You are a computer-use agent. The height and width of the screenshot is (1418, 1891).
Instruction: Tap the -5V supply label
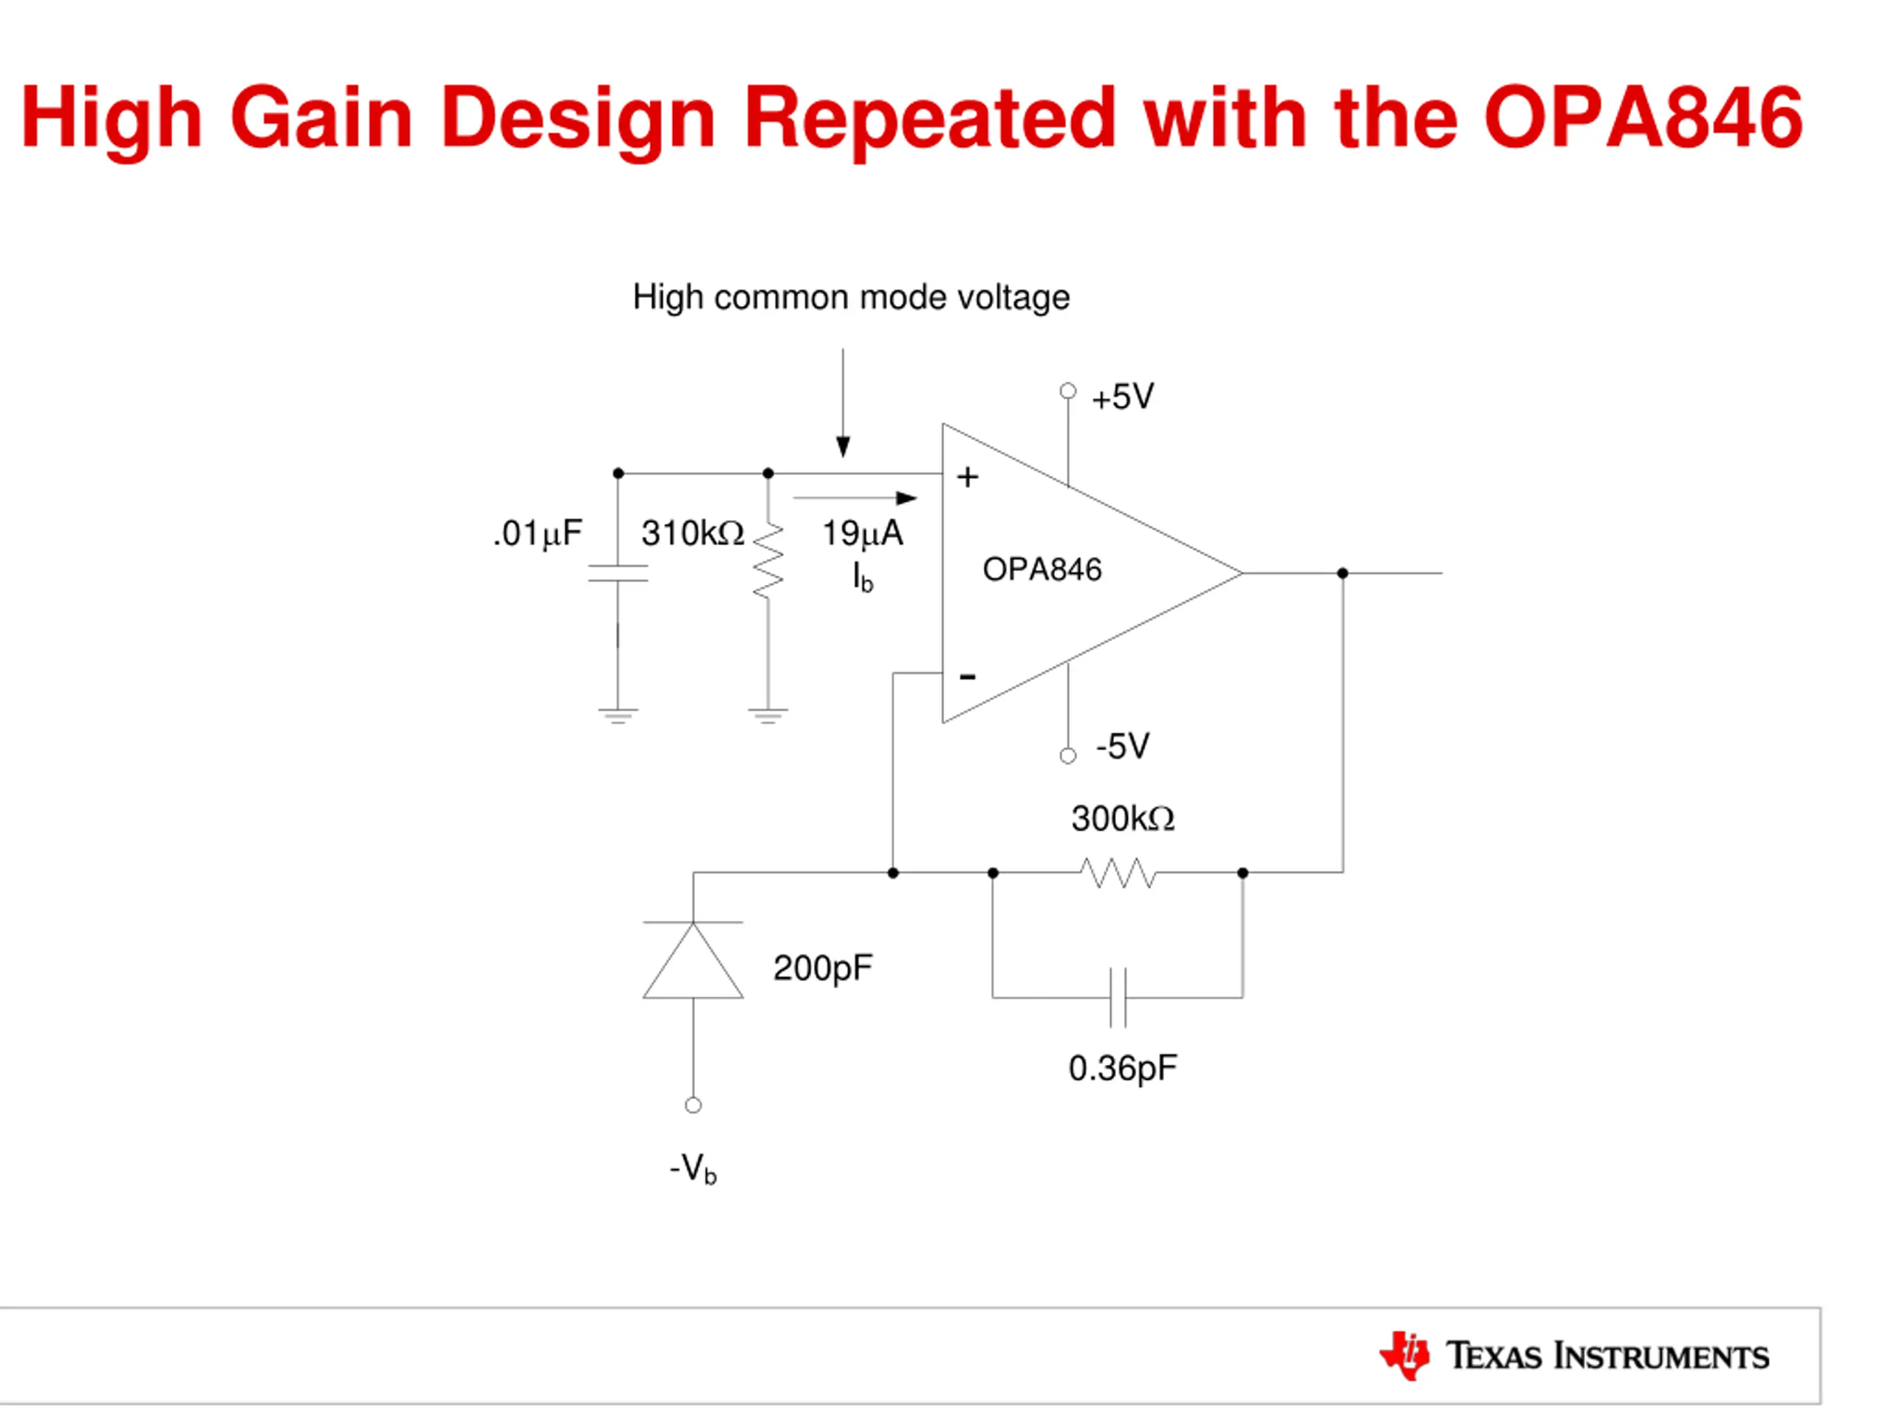point(1123,746)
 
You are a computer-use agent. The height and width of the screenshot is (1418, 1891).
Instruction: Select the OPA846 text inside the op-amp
point(1042,570)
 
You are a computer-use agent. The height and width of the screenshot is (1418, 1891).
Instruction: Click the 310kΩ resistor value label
point(692,533)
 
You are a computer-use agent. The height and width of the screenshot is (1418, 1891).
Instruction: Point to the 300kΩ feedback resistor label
point(1123,819)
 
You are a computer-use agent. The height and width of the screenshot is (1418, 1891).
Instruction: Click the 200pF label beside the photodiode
point(822,968)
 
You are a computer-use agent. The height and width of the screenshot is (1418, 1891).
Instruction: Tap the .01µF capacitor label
point(538,533)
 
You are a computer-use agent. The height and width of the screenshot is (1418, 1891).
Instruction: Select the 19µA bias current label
point(862,533)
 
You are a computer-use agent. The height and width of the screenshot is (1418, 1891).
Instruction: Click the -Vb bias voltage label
point(692,1168)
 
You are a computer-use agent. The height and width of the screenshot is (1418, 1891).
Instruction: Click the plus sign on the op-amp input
point(967,477)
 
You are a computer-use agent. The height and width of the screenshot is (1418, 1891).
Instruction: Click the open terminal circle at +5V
point(1067,391)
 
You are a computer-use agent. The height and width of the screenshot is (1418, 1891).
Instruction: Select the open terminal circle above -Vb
point(692,1105)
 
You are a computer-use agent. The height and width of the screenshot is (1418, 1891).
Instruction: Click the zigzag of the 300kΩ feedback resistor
point(1118,873)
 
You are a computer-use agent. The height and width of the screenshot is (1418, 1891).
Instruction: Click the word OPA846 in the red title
point(1642,117)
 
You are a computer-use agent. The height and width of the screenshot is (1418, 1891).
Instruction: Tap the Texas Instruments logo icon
point(1403,1354)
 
